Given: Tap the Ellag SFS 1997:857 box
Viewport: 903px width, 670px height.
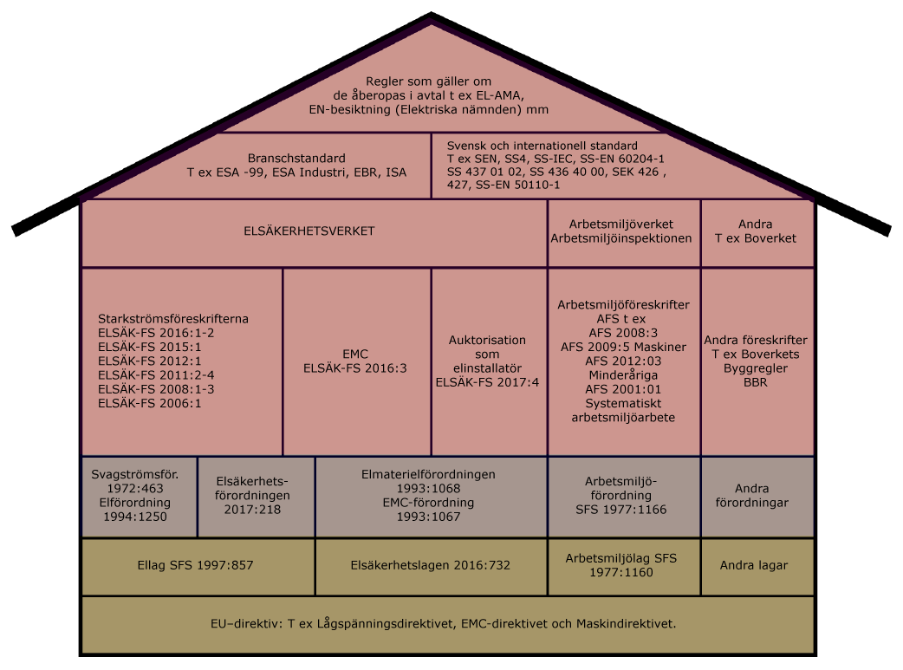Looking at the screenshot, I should click(196, 565).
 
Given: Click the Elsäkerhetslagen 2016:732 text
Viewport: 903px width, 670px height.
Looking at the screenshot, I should click(430, 565).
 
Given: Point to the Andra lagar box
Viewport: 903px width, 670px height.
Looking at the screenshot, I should click(754, 565).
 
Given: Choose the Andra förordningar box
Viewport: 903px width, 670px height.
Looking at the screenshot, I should click(757, 496).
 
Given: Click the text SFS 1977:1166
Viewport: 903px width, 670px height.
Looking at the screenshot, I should click(621, 509).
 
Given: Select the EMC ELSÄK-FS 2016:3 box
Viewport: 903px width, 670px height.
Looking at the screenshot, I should click(356, 361).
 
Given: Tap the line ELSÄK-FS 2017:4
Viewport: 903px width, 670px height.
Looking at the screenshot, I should click(487, 381).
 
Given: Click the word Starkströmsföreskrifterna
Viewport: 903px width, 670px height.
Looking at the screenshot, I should click(173, 319).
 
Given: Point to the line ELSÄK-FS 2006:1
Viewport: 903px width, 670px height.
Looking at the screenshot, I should click(138, 403).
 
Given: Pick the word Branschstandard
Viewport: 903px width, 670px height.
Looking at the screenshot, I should click(296, 159).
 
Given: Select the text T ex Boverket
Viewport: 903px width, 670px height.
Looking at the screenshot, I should click(755, 238).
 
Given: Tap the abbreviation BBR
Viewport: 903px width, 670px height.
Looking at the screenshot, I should click(755, 381).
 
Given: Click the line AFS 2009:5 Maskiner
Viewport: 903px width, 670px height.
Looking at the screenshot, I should click(622, 347).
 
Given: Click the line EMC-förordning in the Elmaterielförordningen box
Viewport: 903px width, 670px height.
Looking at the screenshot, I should click(428, 502).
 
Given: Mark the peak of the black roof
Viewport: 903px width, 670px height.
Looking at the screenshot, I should click(431, 16).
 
